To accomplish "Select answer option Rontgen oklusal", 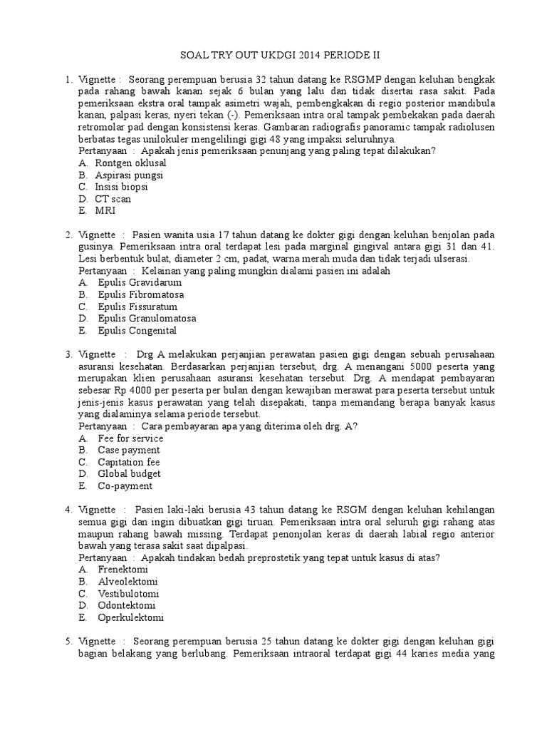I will pos(130,163).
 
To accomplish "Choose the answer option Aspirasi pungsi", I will pos(129,175).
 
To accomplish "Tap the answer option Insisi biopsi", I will pos(123,187).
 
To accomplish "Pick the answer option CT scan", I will pos(113,199).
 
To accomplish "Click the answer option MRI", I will pos(105,211).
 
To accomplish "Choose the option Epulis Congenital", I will pos(136,331).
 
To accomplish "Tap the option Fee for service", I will pos(130,438).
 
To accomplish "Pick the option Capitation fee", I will pos(128,462).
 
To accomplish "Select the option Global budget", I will pos(129,474).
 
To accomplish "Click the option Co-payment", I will pos(125,486).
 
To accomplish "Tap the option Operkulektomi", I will pos(132,618).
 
